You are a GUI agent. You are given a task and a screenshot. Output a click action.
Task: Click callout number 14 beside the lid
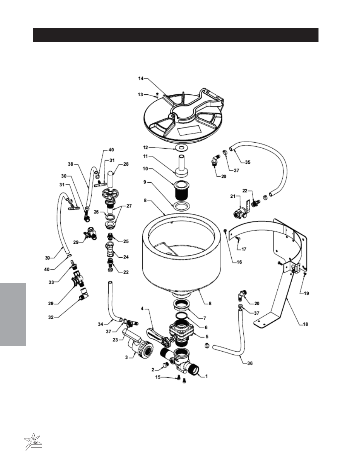141,78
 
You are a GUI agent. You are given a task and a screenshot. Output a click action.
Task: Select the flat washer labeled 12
182,148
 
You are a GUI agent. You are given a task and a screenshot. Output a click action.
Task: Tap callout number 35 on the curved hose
248,162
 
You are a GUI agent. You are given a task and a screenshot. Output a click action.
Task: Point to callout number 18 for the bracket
305,324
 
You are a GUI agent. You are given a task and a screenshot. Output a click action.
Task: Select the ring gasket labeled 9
182,205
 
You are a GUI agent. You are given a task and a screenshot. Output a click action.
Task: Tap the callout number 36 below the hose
250,363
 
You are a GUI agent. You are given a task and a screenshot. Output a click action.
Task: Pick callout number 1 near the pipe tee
206,376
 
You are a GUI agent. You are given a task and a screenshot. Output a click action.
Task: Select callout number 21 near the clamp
233,196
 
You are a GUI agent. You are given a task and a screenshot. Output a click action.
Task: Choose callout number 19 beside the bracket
306,293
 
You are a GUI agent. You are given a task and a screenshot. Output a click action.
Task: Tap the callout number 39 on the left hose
48,258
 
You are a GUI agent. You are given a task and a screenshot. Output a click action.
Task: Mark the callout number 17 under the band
244,249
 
